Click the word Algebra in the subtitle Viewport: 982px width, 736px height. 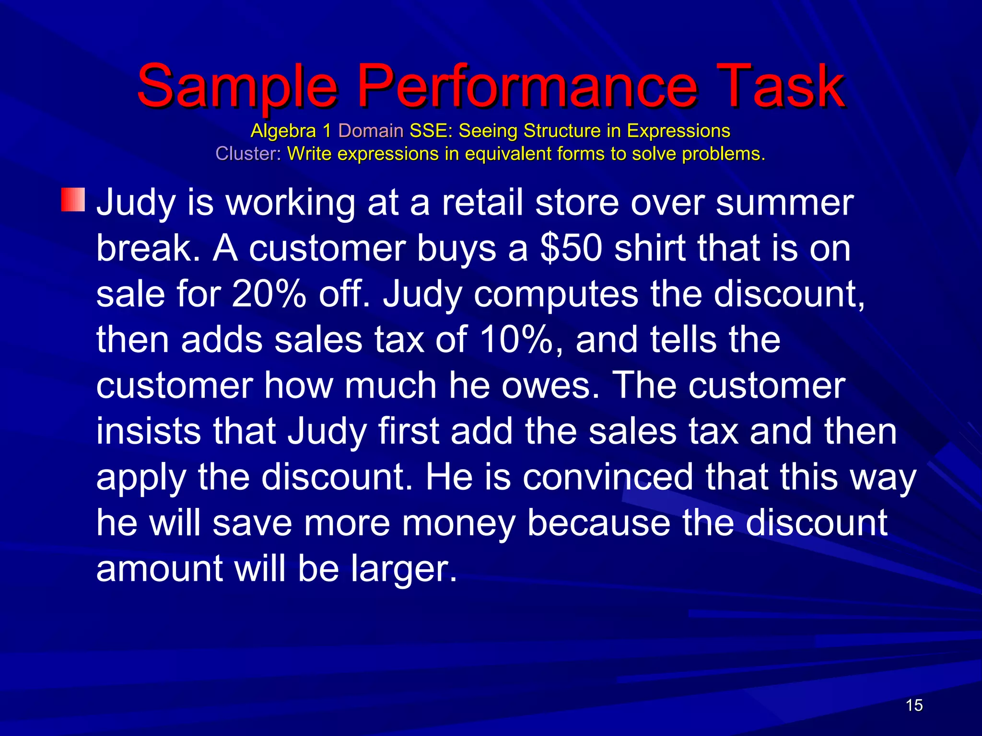click(x=283, y=131)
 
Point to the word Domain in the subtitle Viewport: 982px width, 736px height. click(x=371, y=131)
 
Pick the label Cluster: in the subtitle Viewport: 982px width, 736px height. click(x=248, y=154)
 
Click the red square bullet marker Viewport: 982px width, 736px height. click(x=73, y=200)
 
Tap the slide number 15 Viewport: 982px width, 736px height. click(x=914, y=705)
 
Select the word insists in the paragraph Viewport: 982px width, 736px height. click(x=149, y=431)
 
